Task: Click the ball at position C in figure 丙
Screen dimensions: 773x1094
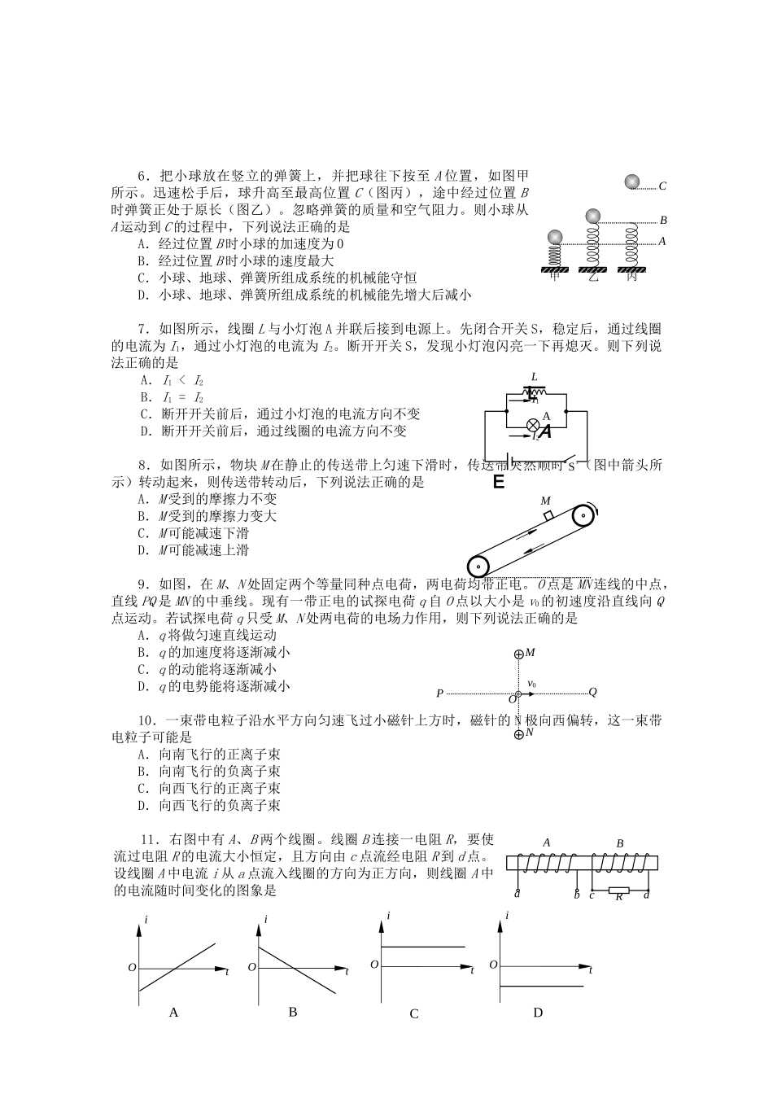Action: coord(632,182)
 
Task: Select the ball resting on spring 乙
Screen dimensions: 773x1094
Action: coord(594,217)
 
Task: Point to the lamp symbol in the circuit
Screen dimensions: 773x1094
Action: coord(534,424)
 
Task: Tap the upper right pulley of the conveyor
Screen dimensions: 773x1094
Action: coord(583,517)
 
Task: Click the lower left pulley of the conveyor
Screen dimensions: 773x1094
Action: coord(478,567)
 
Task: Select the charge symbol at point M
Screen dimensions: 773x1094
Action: coord(519,654)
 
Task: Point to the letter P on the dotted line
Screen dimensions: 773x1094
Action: coord(439,694)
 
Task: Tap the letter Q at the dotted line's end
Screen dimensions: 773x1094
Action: coord(592,692)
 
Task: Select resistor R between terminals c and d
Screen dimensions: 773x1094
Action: coord(618,890)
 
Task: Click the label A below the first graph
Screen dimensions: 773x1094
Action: coord(173,1013)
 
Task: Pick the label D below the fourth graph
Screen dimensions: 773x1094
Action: coord(537,1013)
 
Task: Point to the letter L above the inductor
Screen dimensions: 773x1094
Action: coord(534,376)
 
